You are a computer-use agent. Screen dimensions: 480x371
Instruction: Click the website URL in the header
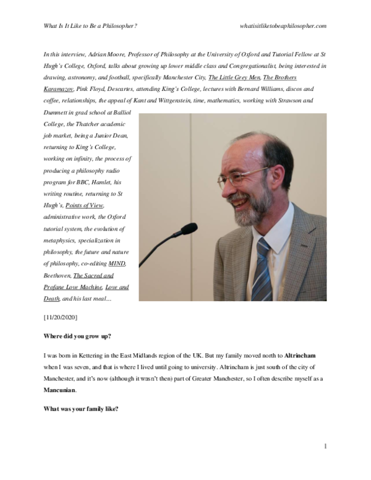click(282, 26)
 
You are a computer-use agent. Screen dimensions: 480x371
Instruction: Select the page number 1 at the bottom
click(325, 446)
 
